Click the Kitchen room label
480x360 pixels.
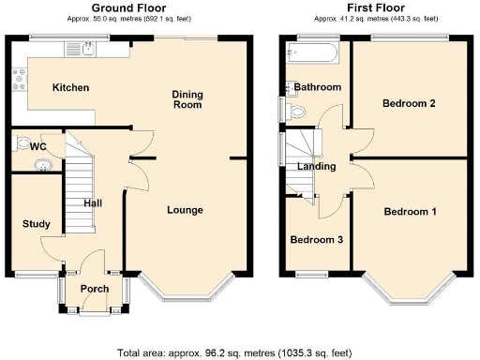[x=70, y=88]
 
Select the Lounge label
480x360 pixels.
[x=185, y=210]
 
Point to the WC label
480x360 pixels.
[x=38, y=147]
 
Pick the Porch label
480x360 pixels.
[x=94, y=289]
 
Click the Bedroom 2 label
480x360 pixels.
[x=408, y=104]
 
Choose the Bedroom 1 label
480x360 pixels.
[x=410, y=212]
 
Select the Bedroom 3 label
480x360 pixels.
[x=316, y=240]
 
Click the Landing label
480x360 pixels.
[x=316, y=167]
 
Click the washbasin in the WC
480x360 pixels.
[x=39, y=166]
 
